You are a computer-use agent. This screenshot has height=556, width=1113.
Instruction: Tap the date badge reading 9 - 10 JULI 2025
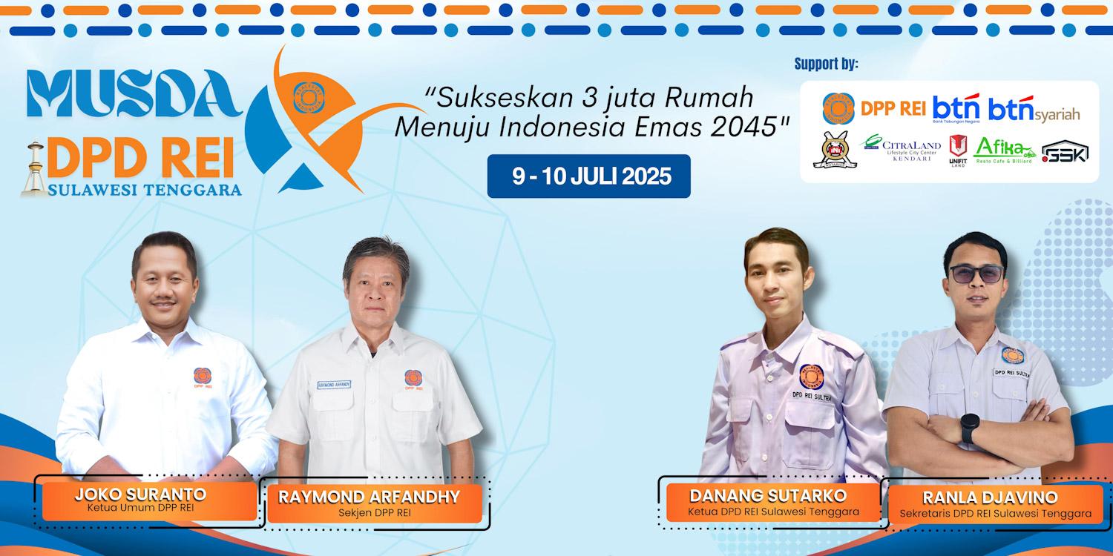588,176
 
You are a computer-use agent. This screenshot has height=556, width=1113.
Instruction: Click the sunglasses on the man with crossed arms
976,274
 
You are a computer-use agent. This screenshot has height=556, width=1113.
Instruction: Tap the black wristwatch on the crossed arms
969,428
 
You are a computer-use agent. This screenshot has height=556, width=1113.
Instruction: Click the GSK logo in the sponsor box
1065,153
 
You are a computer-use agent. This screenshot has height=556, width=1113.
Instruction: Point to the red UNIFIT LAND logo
958,150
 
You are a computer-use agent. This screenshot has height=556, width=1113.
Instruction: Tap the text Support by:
826,64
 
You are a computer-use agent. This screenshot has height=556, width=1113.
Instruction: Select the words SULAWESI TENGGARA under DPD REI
145,190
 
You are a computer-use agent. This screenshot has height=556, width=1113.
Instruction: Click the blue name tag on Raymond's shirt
333,385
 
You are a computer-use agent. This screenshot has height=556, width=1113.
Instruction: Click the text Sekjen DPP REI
369,513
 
